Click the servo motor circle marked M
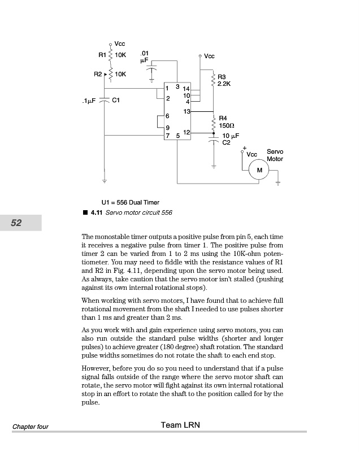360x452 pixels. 259,170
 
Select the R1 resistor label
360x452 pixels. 102,55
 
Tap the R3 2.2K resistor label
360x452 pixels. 224,80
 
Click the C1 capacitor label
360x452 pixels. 116,100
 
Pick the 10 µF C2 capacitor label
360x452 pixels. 230,140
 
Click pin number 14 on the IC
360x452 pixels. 186,89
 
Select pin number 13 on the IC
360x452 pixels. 186,111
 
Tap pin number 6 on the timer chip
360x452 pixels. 167,116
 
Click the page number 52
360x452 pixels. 16,223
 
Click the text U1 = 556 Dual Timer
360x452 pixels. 130,202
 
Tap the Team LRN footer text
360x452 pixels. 180,425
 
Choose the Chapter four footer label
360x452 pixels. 31,426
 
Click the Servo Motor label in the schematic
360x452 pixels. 275,155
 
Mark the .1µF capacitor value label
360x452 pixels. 88,101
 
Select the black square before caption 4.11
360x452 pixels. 85,212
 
